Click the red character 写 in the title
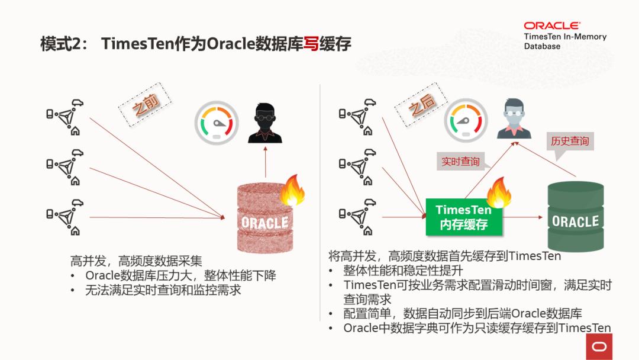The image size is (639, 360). [311, 44]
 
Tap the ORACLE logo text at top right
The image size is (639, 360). [551, 25]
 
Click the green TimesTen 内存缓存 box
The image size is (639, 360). [463, 217]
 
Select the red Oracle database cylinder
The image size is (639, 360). [264, 218]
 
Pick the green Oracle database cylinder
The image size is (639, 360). [575, 217]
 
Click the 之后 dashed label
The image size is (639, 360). [422, 106]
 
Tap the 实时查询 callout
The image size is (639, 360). [461, 161]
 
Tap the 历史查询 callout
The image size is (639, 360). [570, 142]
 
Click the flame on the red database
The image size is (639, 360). [292, 189]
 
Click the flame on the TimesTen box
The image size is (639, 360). [499, 192]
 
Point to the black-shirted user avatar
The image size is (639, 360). [264, 123]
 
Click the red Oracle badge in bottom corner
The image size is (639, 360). [599, 346]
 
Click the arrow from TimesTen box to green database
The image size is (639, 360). [523, 217]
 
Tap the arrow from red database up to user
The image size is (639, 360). [265, 162]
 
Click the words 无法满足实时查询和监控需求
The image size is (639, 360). [163, 290]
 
